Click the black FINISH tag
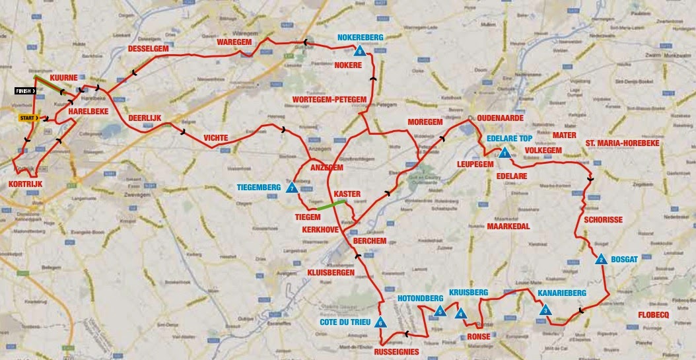[26, 90]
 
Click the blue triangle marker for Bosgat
[601, 260]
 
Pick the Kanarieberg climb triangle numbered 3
[545, 310]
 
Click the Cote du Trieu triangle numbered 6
[381, 322]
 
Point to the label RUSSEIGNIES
[396, 351]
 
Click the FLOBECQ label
[656, 314]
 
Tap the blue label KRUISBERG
[468, 292]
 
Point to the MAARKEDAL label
[508, 226]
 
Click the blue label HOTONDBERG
[420, 298]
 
